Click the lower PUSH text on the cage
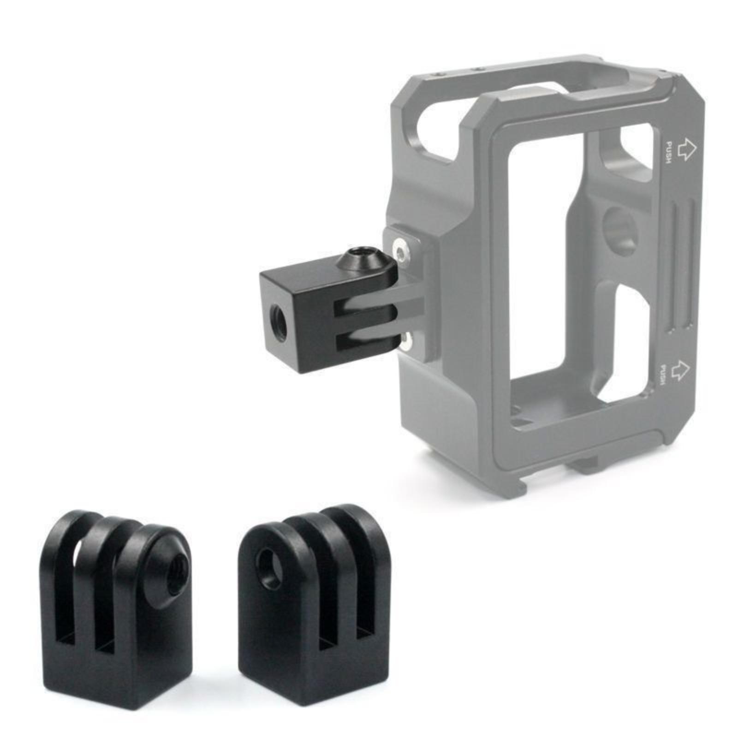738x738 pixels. pos(663,375)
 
